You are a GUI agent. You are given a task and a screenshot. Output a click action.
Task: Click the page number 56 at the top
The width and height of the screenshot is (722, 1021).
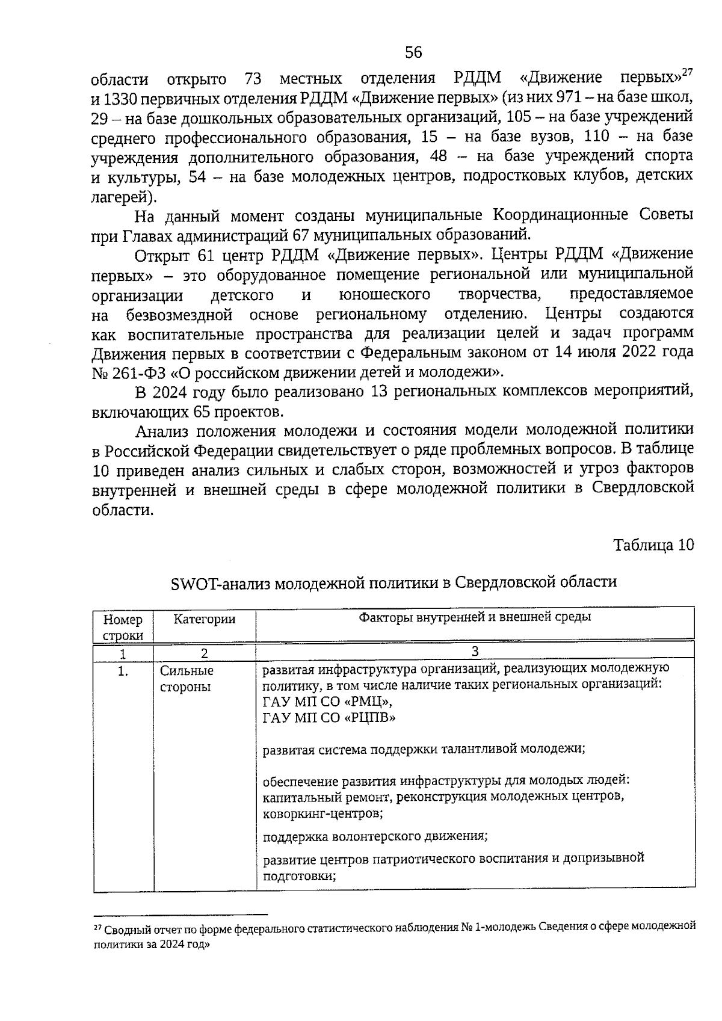coord(413,53)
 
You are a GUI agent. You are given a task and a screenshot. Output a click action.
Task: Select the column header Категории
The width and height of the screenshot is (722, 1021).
coord(204,619)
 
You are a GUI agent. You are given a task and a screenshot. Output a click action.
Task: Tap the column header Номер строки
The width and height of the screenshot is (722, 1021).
coord(123,627)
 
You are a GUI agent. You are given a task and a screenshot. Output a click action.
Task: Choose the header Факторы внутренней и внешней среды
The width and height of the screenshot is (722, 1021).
coord(475,617)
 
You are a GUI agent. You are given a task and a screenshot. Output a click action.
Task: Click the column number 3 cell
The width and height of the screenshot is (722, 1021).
coord(475,652)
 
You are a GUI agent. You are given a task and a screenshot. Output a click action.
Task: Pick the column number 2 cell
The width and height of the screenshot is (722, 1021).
coord(204,653)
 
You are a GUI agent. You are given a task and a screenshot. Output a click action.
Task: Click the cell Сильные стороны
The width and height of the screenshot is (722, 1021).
coord(187,679)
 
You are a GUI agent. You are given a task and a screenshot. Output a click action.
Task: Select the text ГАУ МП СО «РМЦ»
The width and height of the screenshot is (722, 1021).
coord(329,702)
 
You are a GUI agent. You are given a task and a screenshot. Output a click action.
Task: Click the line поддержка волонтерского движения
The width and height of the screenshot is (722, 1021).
coord(375,836)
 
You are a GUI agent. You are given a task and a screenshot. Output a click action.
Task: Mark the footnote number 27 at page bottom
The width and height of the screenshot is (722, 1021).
coord(97,928)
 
